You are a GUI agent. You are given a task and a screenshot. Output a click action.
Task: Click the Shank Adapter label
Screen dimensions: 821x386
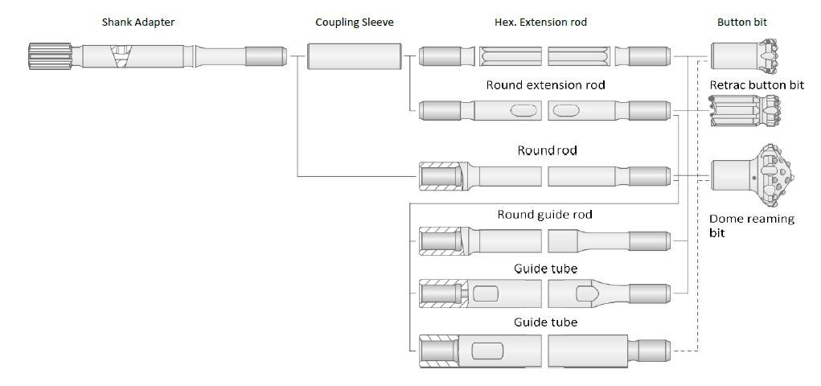pyautogui.click(x=138, y=22)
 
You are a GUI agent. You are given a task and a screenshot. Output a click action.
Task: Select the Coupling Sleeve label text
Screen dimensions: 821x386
pyautogui.click(x=355, y=22)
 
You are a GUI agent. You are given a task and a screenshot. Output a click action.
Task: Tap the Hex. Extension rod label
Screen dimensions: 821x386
pyautogui.click(x=540, y=22)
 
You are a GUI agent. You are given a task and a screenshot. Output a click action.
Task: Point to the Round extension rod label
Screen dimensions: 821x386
pyautogui.click(x=545, y=85)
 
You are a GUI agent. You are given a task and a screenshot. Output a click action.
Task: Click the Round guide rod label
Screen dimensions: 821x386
pyautogui.click(x=545, y=214)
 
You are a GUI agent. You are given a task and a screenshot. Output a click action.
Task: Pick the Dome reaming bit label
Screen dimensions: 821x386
pyautogui.click(x=751, y=226)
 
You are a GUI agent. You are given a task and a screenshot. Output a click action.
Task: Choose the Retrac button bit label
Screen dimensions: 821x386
pyautogui.click(x=757, y=85)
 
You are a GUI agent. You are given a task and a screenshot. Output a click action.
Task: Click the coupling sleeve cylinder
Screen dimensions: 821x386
pyautogui.click(x=355, y=56)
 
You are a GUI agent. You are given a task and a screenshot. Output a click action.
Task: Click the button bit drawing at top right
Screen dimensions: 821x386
pyautogui.click(x=747, y=55)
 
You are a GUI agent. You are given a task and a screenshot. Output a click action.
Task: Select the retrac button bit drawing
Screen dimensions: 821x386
pyautogui.click(x=745, y=111)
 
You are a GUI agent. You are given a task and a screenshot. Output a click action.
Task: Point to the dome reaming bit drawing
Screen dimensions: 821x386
pyautogui.click(x=753, y=176)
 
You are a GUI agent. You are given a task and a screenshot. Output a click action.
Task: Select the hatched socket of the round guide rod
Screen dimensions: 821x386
pyautogui.click(x=441, y=240)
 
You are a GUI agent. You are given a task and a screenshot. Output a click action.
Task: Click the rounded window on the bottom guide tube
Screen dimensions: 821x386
pyautogui.click(x=486, y=351)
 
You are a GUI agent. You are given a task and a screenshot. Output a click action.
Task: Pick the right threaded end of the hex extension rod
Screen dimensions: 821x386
pyautogui.click(x=649, y=56)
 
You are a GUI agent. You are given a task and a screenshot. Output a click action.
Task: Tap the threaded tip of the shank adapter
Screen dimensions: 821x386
pyautogui.click(x=266, y=56)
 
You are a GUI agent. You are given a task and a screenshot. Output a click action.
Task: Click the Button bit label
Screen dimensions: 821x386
pyautogui.click(x=742, y=22)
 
